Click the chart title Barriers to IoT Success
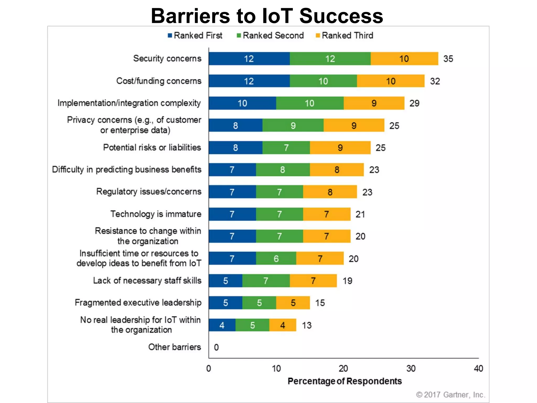(x=267, y=16)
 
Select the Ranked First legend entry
(x=195, y=35)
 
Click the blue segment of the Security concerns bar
(x=249, y=59)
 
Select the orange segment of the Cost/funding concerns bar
(x=390, y=81)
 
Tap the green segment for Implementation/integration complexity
(x=310, y=103)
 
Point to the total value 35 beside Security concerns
(x=448, y=59)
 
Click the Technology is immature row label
(x=156, y=214)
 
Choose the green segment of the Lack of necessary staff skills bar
(x=266, y=281)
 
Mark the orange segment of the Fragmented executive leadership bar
(x=293, y=303)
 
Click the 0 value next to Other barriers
(x=216, y=347)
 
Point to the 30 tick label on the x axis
(x=411, y=369)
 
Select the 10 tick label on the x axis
(x=276, y=369)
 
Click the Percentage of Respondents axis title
(x=345, y=381)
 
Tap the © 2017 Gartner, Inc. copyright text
(x=450, y=395)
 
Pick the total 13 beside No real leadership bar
(x=307, y=325)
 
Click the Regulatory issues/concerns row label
(x=149, y=192)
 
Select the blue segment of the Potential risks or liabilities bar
(x=235, y=148)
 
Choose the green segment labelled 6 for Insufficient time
(x=276, y=259)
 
